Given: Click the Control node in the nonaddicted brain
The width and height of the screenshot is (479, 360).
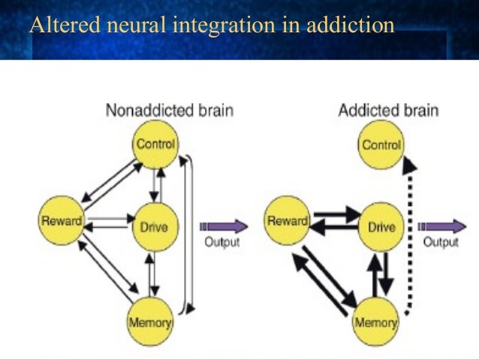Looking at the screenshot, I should pyautogui.click(x=155, y=144).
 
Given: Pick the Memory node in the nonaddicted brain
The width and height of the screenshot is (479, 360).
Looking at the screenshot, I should pyautogui.click(x=151, y=322).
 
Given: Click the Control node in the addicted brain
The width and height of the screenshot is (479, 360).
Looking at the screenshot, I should pyautogui.click(x=382, y=144).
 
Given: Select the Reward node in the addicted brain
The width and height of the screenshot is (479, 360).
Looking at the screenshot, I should pyautogui.click(x=288, y=221).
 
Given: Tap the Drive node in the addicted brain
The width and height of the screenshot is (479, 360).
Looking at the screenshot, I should pyautogui.click(x=382, y=226).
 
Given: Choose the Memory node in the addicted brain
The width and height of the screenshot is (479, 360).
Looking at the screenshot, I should pyautogui.click(x=375, y=322).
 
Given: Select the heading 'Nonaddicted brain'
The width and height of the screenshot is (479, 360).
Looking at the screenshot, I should pyautogui.click(x=169, y=110).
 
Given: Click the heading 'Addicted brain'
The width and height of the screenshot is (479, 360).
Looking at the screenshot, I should pyautogui.click(x=388, y=110).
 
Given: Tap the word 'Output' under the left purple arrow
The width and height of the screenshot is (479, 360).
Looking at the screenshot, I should pyautogui.click(x=221, y=242).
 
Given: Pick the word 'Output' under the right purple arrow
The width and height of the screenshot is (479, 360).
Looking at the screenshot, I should pyautogui.click(x=441, y=242).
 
